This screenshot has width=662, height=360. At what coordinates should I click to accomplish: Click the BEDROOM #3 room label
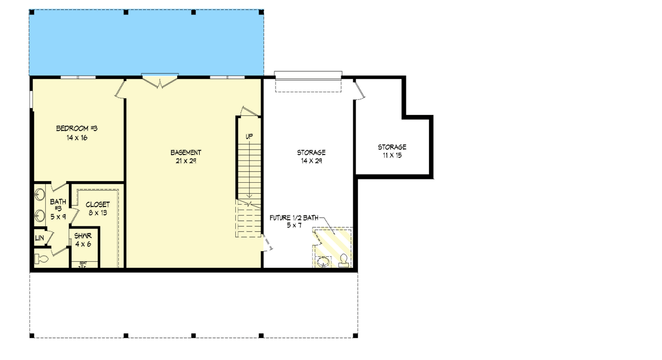(x=77, y=129)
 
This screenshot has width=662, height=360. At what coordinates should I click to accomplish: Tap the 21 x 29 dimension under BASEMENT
(x=186, y=161)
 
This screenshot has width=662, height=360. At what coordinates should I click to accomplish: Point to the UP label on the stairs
(x=249, y=136)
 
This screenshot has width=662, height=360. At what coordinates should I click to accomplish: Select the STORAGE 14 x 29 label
(x=311, y=152)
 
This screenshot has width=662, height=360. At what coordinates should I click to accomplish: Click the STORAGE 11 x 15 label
(x=392, y=147)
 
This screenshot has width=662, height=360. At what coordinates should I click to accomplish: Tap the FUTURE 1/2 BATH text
(x=294, y=218)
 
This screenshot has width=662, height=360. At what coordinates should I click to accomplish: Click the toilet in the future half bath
(x=343, y=260)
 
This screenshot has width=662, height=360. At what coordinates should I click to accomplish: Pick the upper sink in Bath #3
(x=40, y=195)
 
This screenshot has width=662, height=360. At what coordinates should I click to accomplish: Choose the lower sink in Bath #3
(x=40, y=215)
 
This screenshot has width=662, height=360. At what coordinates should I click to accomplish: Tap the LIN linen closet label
(x=39, y=238)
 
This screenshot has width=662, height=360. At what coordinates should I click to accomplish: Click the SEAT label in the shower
(x=83, y=263)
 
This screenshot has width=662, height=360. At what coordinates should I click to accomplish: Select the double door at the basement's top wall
(x=160, y=81)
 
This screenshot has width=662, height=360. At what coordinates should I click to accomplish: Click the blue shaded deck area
(x=146, y=42)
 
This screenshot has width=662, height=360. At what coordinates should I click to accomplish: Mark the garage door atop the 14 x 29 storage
(x=309, y=74)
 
